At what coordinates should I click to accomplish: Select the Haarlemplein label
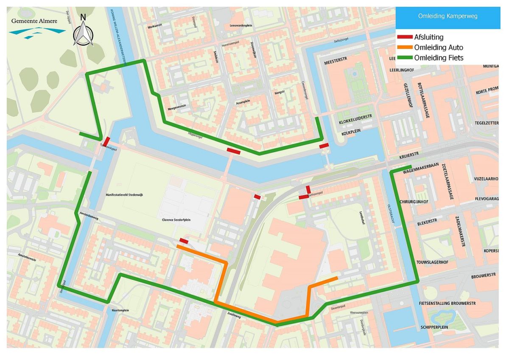(x=120, y=310)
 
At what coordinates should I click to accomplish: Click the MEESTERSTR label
(x=336, y=62)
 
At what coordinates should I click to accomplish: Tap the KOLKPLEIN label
(x=350, y=133)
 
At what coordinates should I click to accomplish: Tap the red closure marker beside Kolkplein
(x=324, y=146)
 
